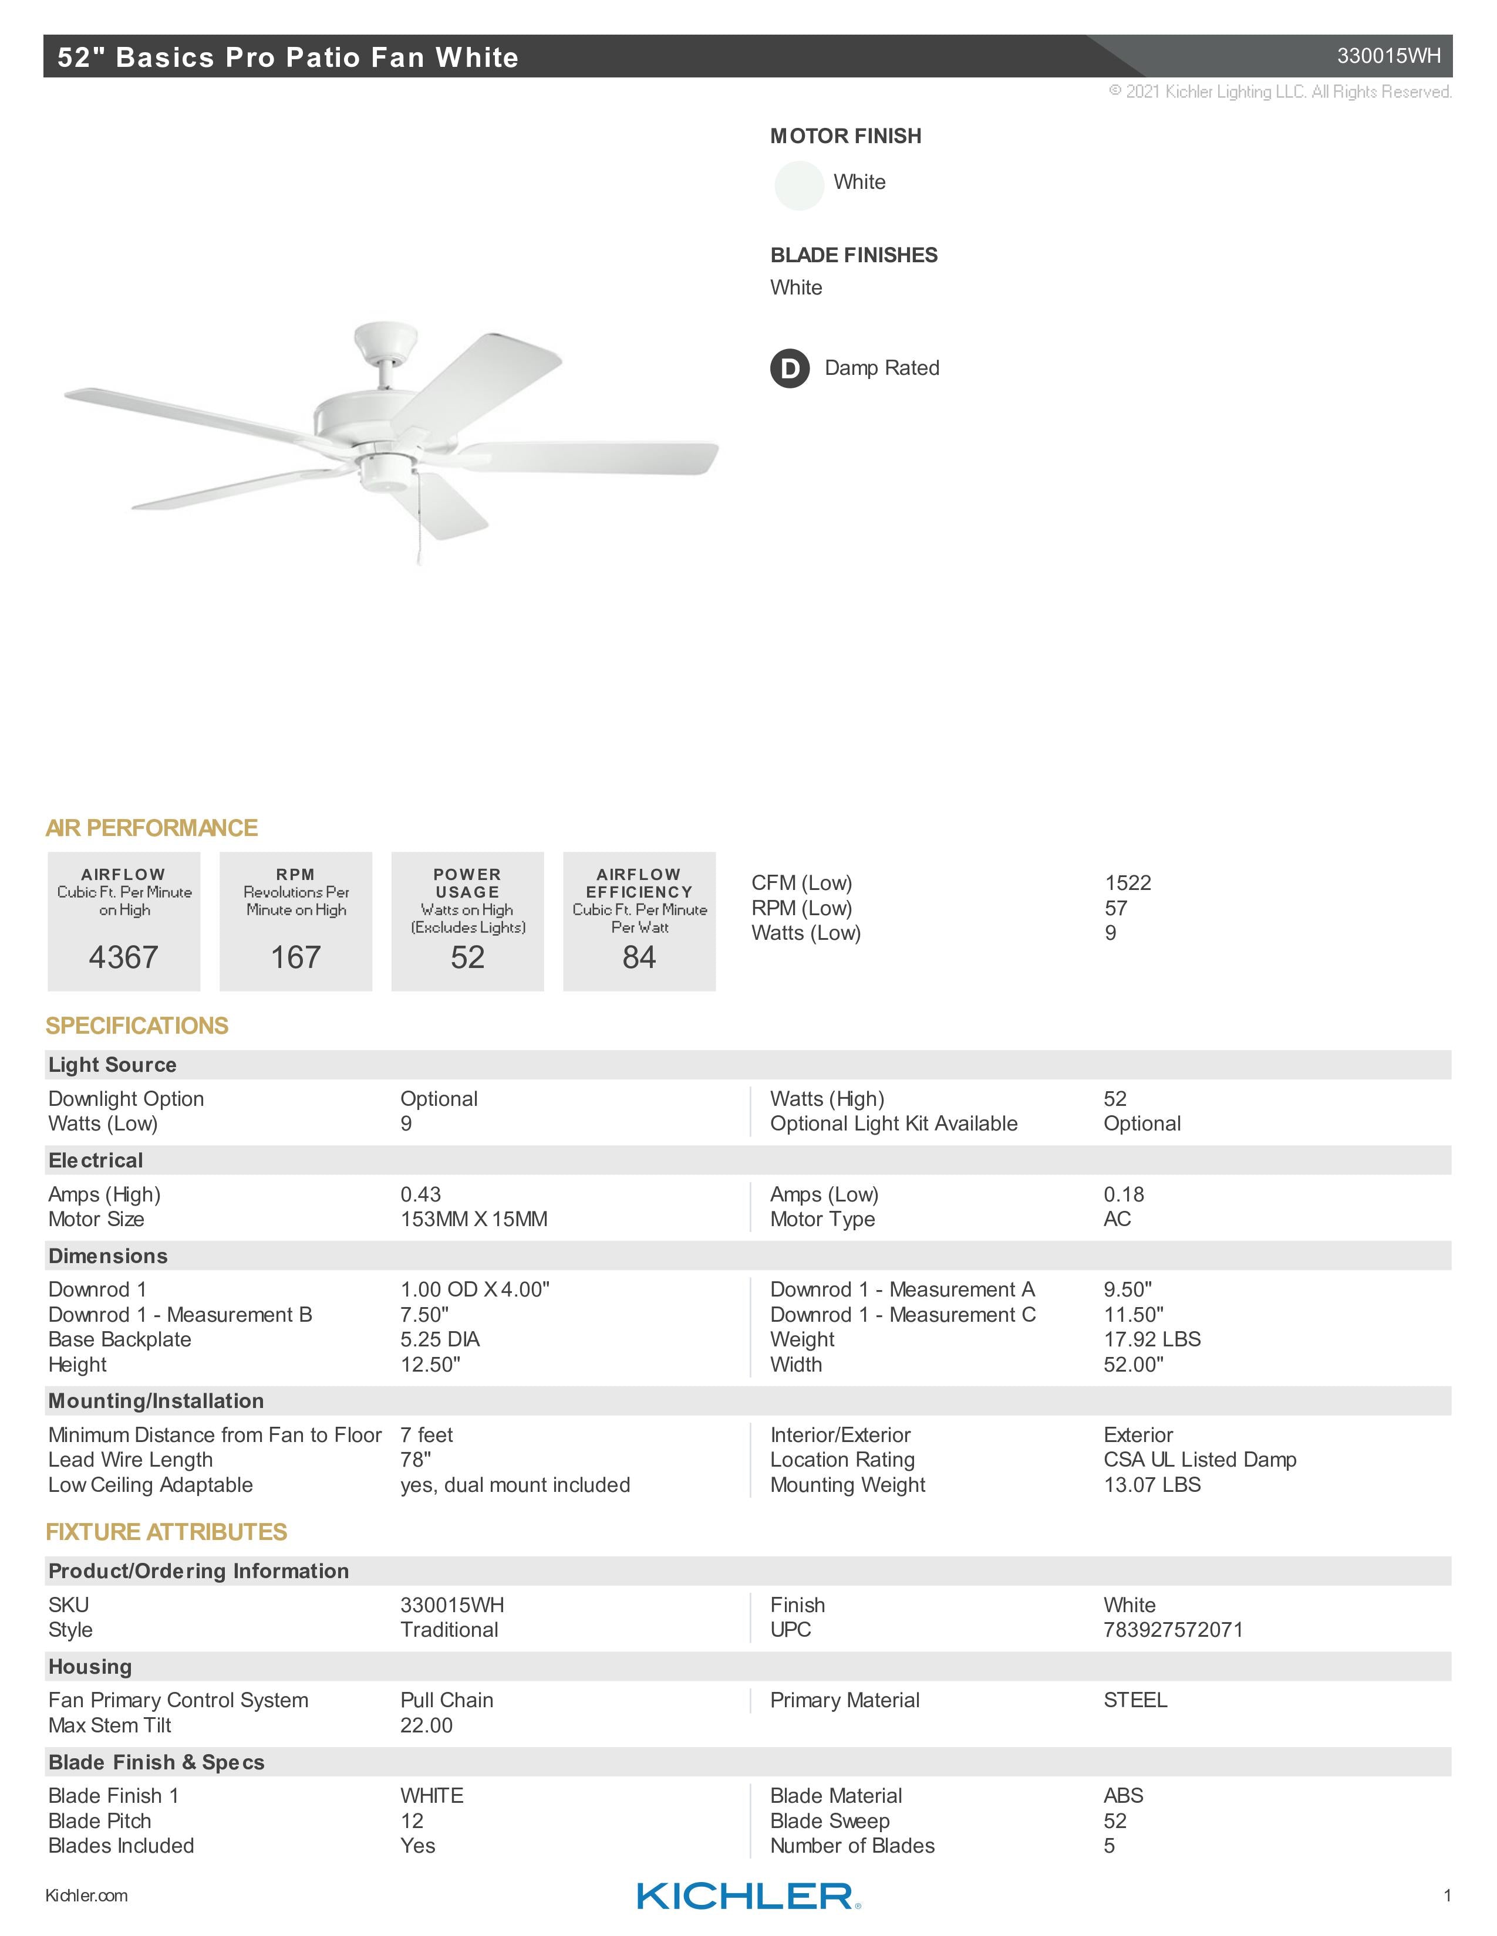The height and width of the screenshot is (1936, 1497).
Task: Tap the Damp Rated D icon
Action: click(789, 369)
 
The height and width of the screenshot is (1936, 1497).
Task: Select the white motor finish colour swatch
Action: click(799, 185)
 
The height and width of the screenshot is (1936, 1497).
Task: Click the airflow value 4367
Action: click(123, 957)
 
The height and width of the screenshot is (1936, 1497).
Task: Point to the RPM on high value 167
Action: click(295, 957)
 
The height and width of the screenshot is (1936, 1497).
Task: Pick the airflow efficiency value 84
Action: click(639, 957)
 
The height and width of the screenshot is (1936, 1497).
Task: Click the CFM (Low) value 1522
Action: click(1127, 883)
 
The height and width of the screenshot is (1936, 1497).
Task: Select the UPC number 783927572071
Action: click(1172, 1629)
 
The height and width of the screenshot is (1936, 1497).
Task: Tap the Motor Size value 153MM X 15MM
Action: click(474, 1219)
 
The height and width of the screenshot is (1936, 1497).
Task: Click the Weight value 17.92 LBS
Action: click(1151, 1339)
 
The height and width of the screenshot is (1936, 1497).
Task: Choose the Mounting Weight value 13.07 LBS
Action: click(1151, 1485)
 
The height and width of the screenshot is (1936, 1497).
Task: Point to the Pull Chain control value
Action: click(446, 1700)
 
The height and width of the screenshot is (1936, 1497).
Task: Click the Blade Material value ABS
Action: click(1122, 1795)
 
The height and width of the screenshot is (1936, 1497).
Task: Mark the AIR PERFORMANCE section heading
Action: click(151, 828)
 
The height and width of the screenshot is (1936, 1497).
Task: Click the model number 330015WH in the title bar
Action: click(1388, 56)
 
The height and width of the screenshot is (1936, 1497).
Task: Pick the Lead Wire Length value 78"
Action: click(415, 1460)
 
